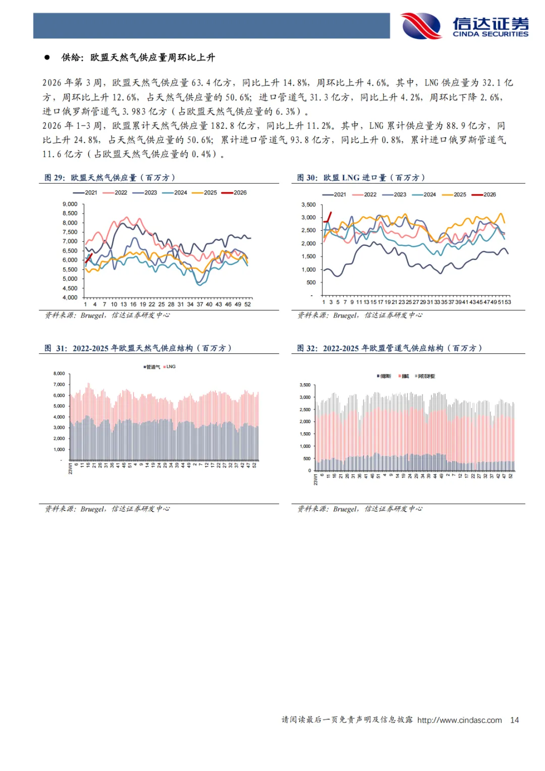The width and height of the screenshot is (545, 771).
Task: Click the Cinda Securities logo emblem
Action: [421, 26]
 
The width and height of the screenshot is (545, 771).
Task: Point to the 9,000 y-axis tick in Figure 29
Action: [70, 204]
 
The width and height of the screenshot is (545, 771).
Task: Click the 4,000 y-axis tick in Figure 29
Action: [70, 297]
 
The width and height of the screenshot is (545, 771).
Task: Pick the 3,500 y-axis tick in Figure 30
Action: [308, 204]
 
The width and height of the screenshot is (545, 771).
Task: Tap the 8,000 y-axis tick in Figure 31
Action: [59, 374]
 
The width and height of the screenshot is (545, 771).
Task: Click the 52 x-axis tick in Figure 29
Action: [247, 304]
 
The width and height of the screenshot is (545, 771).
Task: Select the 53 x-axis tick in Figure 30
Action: [508, 302]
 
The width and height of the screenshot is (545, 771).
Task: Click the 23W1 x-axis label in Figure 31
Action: [70, 469]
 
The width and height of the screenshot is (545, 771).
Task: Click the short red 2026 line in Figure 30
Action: [328, 217]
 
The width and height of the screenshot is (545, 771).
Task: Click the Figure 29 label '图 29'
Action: [54, 178]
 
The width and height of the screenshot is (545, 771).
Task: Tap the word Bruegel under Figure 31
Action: [93, 509]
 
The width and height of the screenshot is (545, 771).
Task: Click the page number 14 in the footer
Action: [514, 720]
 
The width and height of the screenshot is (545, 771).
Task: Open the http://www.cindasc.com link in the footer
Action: [459, 720]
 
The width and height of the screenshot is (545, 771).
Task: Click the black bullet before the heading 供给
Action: [47, 58]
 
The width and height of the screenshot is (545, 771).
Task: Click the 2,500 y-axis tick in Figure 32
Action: [306, 409]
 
